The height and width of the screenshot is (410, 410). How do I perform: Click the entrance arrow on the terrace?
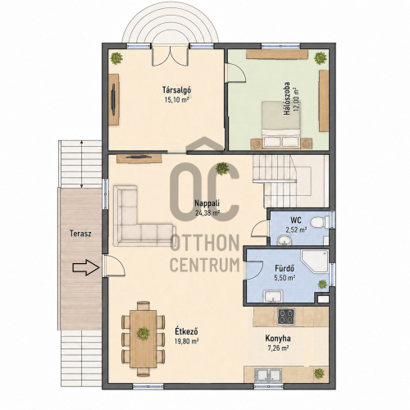coord(86,267)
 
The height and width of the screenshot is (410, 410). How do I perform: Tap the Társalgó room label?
coord(176,89)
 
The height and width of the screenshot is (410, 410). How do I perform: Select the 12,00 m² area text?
coord(296,99)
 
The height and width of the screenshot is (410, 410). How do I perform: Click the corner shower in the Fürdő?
coord(315,261)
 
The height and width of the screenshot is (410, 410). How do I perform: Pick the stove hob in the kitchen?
coord(286,317)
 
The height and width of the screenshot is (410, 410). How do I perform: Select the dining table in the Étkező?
coord(143,339)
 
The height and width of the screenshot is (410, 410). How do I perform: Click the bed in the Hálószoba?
coord(281,125)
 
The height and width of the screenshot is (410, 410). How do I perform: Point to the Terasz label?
coord(80,234)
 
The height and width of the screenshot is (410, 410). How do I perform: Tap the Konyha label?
coord(278,339)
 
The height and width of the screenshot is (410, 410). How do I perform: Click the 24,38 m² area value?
coord(207,213)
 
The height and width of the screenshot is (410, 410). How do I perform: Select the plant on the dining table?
coord(143,334)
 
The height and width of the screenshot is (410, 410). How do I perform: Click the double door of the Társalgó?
coord(171,57)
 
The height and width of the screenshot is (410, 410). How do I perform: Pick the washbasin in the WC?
coord(285,240)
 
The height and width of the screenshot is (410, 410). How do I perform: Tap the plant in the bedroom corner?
coord(321,58)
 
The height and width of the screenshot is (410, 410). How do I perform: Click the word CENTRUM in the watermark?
coord(205,265)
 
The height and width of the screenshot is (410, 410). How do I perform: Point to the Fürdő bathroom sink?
coord(273,297)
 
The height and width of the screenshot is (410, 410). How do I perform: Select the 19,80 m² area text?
coord(186,341)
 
